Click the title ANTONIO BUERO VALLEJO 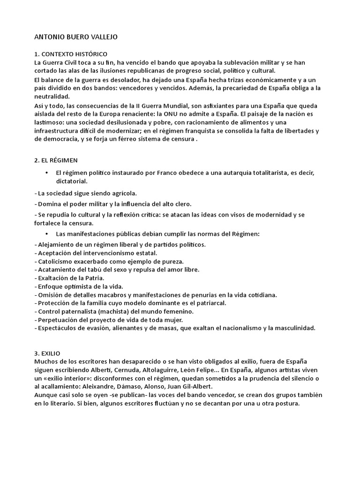point(80,37)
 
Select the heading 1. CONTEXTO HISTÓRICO point(71,54)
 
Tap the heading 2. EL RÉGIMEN point(56,160)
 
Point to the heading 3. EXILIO point(47,353)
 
